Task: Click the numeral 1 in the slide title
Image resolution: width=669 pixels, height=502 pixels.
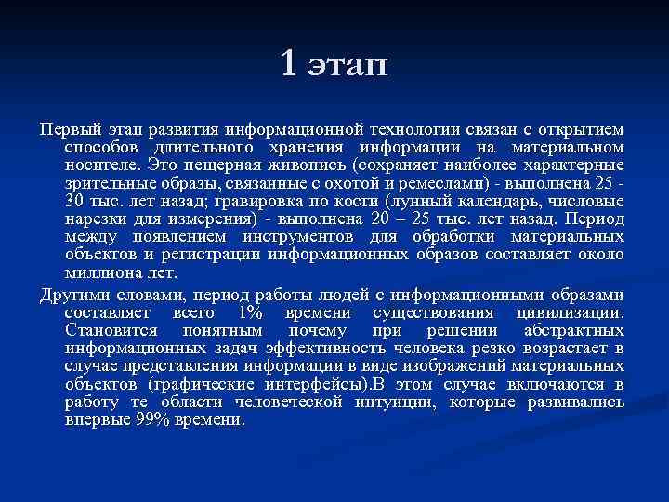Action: click(x=289, y=63)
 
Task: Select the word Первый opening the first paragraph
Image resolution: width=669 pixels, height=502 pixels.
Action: click(x=67, y=128)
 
